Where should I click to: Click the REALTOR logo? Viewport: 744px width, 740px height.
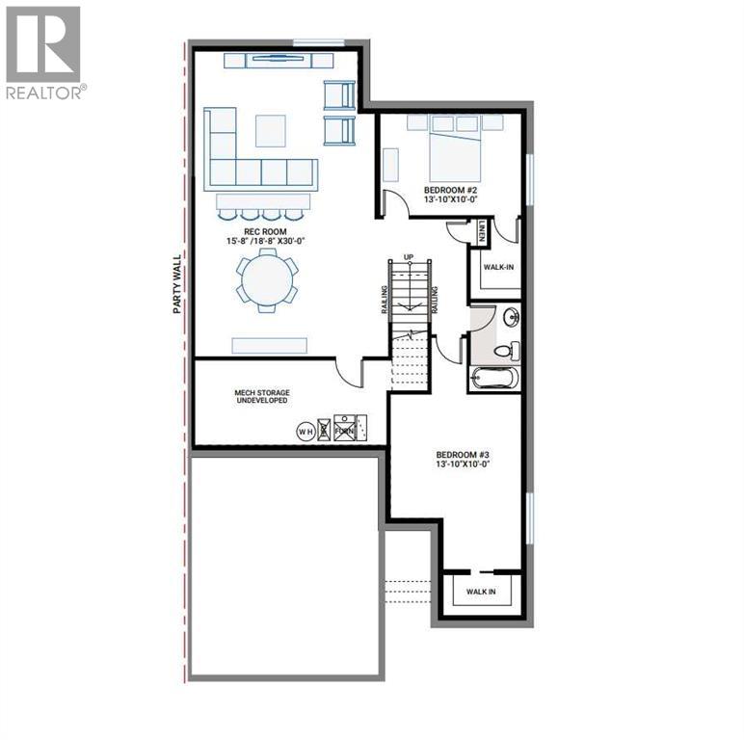44,53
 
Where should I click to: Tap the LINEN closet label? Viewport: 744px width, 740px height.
480,231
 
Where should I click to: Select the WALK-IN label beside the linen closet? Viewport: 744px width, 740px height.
497,266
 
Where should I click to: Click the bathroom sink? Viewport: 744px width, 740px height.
510,317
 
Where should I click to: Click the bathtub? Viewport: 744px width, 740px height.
494,378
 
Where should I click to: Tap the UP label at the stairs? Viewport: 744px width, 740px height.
409,256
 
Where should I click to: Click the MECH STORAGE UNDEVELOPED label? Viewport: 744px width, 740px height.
261,398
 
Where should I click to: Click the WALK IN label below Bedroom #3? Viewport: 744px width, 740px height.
481,591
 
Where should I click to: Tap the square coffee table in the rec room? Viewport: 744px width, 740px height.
270,130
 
